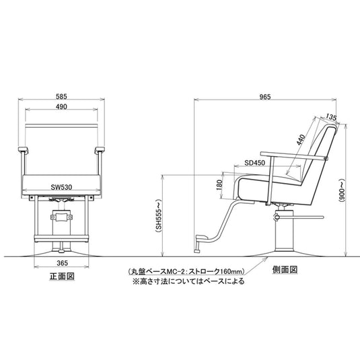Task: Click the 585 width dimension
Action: (x=61, y=96)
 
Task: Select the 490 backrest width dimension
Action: (x=61, y=106)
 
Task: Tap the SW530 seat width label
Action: (x=61, y=187)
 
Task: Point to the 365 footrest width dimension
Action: (x=62, y=263)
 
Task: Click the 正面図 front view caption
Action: (x=62, y=276)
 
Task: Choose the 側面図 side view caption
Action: (x=285, y=270)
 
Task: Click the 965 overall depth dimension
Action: (x=265, y=97)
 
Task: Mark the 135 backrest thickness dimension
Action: (x=331, y=117)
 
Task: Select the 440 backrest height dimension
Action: (x=301, y=140)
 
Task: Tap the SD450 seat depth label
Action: (x=254, y=163)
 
